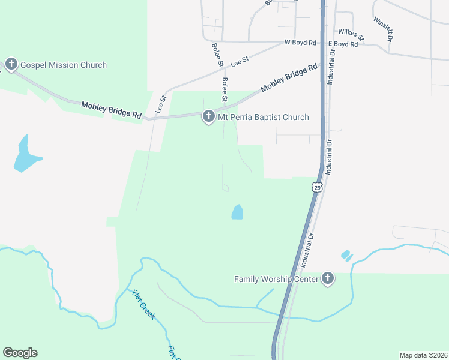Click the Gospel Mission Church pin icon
11,64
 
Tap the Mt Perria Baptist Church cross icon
208,116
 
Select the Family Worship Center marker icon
327,278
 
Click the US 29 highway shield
316,187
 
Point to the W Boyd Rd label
300,43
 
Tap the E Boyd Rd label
343,44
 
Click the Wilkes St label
351,34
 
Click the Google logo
20,353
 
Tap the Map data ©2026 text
423,355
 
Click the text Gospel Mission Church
64,65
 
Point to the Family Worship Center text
276,279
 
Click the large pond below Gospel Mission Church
25,155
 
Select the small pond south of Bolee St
237,212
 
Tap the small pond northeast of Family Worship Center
346,256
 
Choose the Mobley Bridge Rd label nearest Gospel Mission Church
112,109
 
